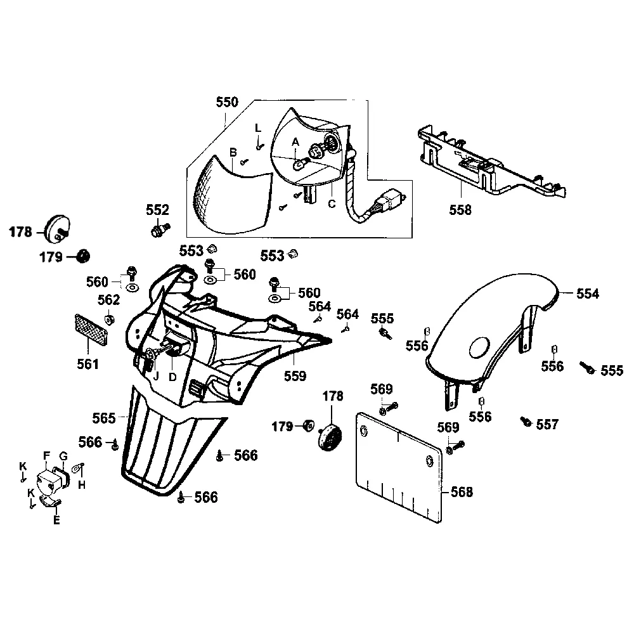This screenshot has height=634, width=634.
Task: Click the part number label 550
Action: (x=227, y=102)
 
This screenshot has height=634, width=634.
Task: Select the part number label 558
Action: (x=460, y=210)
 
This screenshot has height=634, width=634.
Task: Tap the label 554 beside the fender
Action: (x=587, y=294)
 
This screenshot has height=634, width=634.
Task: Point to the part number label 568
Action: (x=460, y=492)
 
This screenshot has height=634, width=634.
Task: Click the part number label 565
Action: (x=104, y=418)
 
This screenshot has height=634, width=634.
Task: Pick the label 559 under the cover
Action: (x=295, y=376)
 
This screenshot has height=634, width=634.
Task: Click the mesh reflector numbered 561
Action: (x=91, y=330)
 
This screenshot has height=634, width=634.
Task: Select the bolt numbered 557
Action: (x=525, y=420)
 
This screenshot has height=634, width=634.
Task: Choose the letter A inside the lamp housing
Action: (x=295, y=143)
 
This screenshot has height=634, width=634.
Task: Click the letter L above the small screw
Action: (x=258, y=127)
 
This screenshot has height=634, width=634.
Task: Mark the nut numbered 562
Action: (x=109, y=318)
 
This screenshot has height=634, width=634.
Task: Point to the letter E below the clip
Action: (x=56, y=521)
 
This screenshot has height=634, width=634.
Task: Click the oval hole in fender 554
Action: (x=479, y=347)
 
